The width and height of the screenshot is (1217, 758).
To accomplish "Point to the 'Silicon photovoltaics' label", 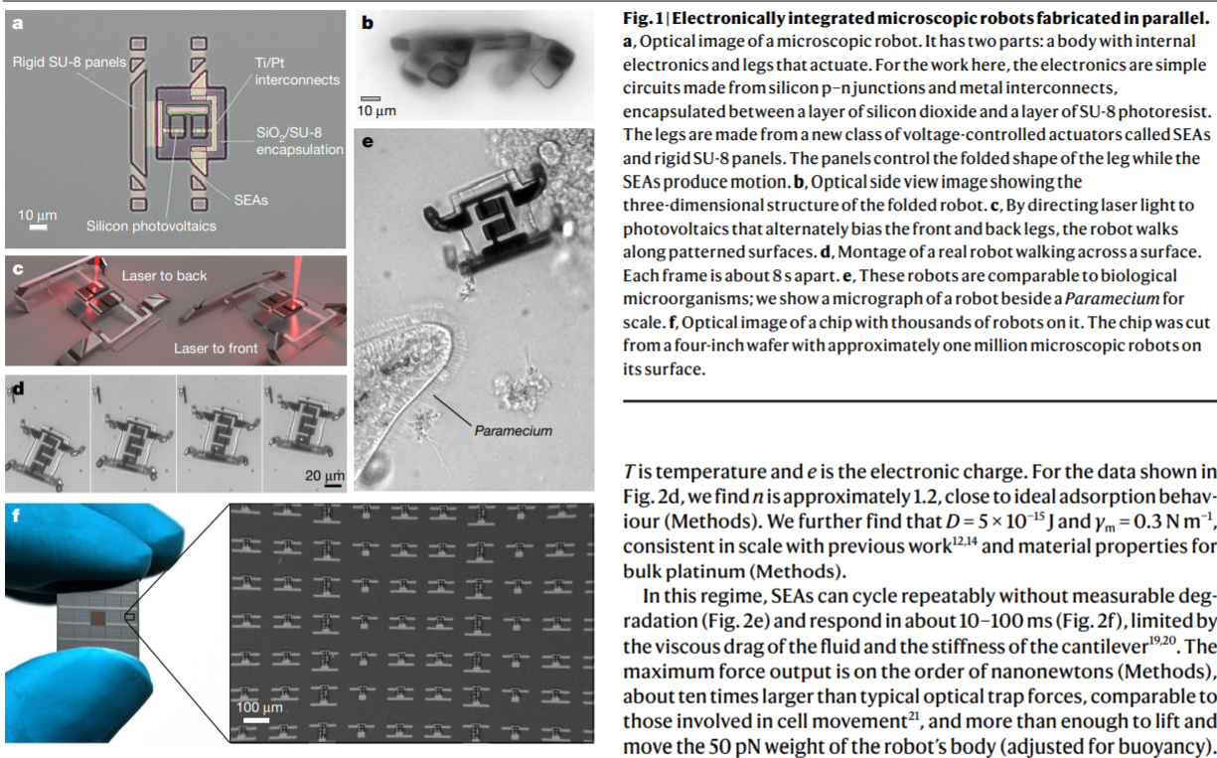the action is tap(152, 227).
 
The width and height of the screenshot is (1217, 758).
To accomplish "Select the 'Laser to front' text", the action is tap(216, 348).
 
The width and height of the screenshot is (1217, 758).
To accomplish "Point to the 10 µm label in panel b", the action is tap(377, 110).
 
